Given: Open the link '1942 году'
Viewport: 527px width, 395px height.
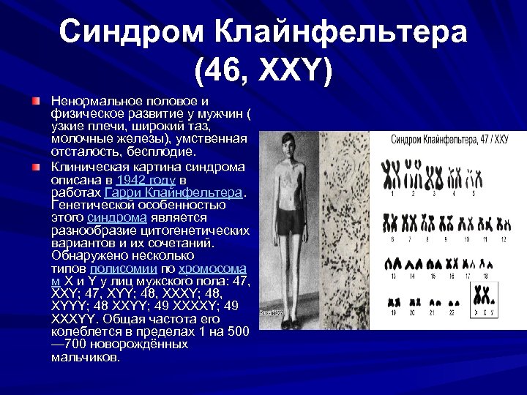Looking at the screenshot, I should click(146, 179).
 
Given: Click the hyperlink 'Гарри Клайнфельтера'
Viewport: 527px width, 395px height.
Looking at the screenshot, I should click(173, 192).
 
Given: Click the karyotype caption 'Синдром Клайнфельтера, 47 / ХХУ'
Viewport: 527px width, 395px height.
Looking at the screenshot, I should click(449, 139).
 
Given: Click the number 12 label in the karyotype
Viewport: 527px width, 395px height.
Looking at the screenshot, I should click(503, 239).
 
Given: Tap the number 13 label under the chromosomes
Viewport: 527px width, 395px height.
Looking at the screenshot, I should click(393, 276).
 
